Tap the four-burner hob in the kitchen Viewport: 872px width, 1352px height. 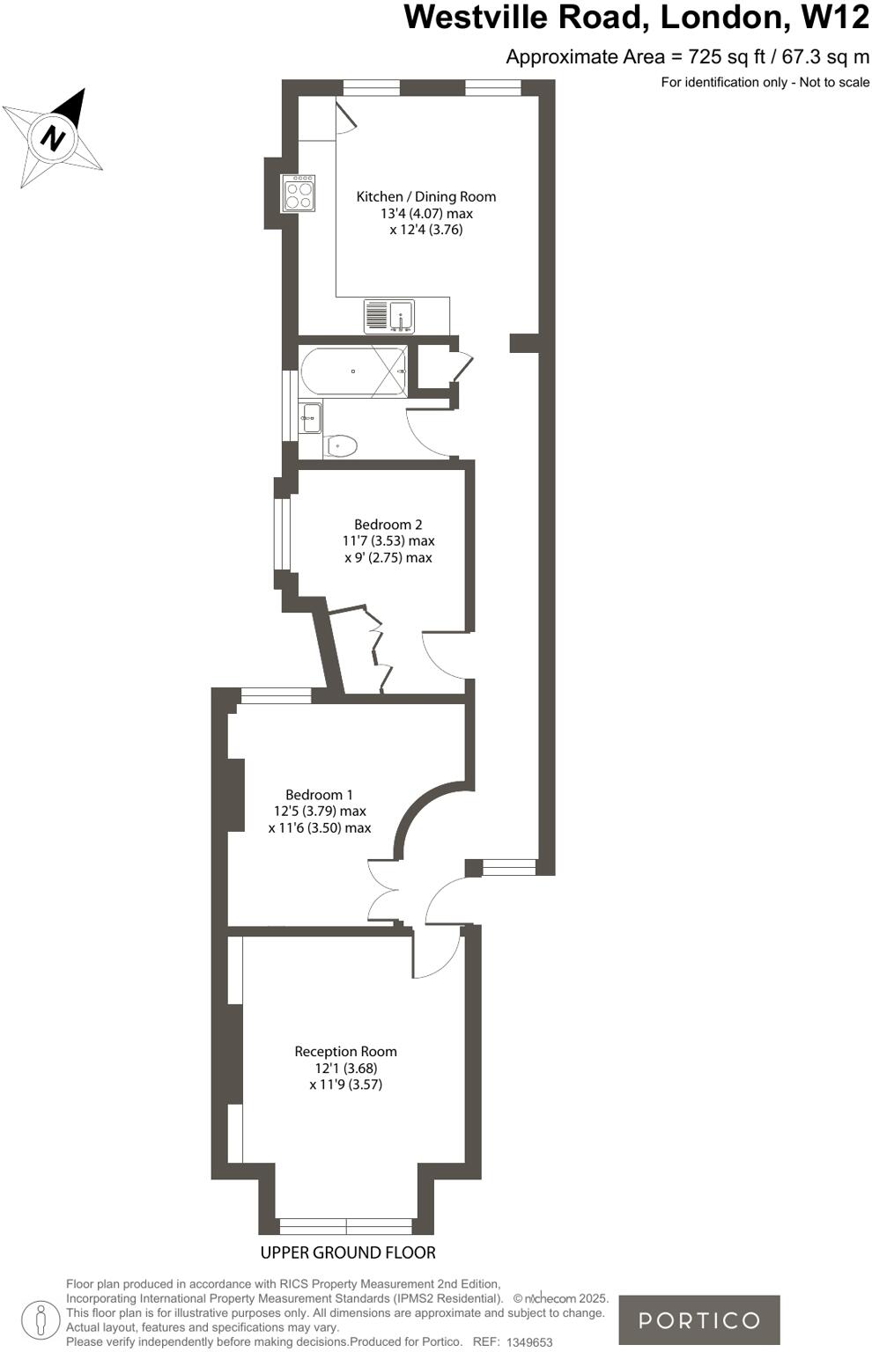click(x=298, y=194)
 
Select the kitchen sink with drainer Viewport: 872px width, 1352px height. click(x=389, y=316)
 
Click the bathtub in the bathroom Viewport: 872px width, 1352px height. click(x=352, y=371)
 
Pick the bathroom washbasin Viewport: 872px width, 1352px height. click(x=310, y=417)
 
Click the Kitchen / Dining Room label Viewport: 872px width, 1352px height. click(x=425, y=197)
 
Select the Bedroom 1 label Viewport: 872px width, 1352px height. click(x=319, y=795)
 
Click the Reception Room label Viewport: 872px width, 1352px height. click(x=345, y=1052)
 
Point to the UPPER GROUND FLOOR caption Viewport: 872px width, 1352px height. click(x=348, y=1253)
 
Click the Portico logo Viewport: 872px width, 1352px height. click(x=698, y=1319)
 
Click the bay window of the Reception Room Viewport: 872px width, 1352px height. click(x=345, y=1226)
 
